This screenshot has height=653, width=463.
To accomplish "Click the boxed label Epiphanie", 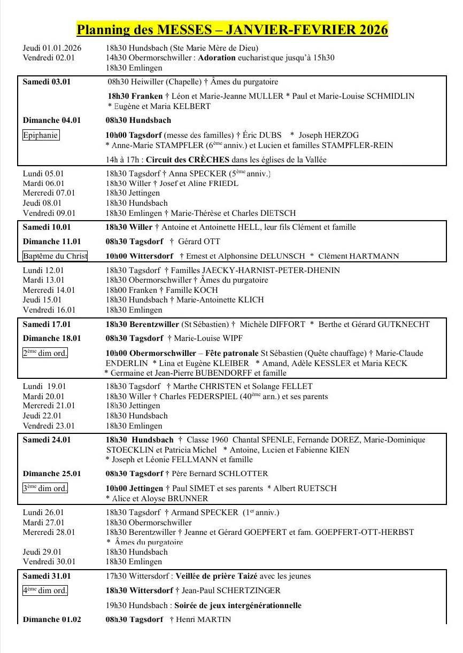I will click(x=41, y=135).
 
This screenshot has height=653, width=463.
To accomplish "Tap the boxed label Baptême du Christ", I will click(x=55, y=256).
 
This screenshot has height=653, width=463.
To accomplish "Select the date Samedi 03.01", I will click(x=47, y=82).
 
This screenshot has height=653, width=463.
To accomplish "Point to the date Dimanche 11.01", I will click(x=52, y=242).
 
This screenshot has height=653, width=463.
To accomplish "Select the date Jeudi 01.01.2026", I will click(x=52, y=48).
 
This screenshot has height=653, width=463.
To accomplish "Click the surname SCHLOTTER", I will click(x=243, y=473).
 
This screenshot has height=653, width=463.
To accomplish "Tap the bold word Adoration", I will click(x=217, y=58).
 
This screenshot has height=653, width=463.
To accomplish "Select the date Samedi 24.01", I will click(x=47, y=440).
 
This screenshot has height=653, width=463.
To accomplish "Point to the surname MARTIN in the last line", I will click(x=213, y=619).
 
